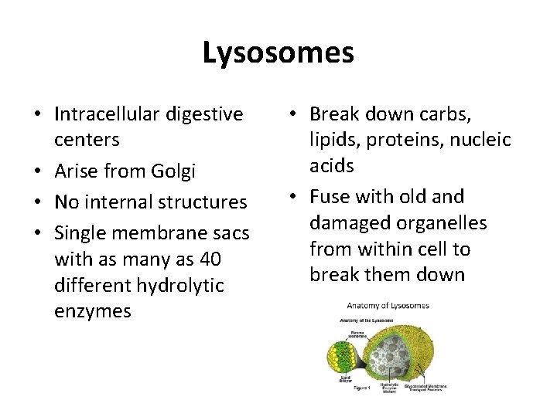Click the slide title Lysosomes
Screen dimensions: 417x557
pos(278,53)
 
